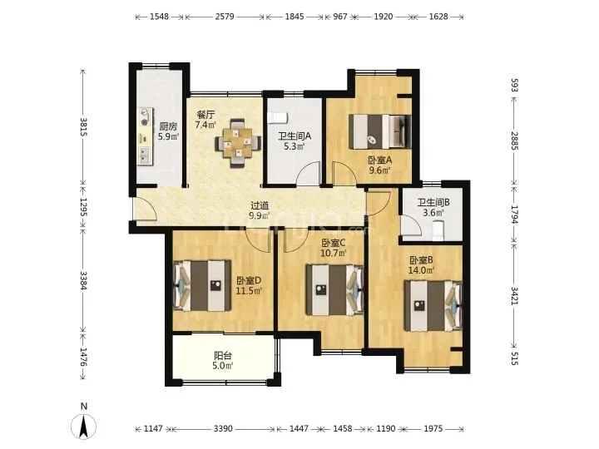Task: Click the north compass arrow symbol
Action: [84, 426]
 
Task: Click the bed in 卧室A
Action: [380, 131]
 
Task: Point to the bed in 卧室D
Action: [202, 285]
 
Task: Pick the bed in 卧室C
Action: [334, 290]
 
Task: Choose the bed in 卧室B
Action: [433, 306]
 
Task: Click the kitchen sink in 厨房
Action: [145, 155]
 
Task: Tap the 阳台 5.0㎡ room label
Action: [223, 361]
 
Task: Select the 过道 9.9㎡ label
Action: [260, 210]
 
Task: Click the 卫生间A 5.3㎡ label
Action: [295, 141]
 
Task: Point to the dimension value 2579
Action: [225, 17]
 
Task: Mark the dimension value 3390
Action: [223, 428]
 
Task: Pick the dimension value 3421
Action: [514, 295]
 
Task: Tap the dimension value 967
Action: [340, 17]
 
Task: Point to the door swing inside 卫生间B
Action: [411, 224]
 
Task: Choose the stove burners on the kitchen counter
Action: [144, 117]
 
